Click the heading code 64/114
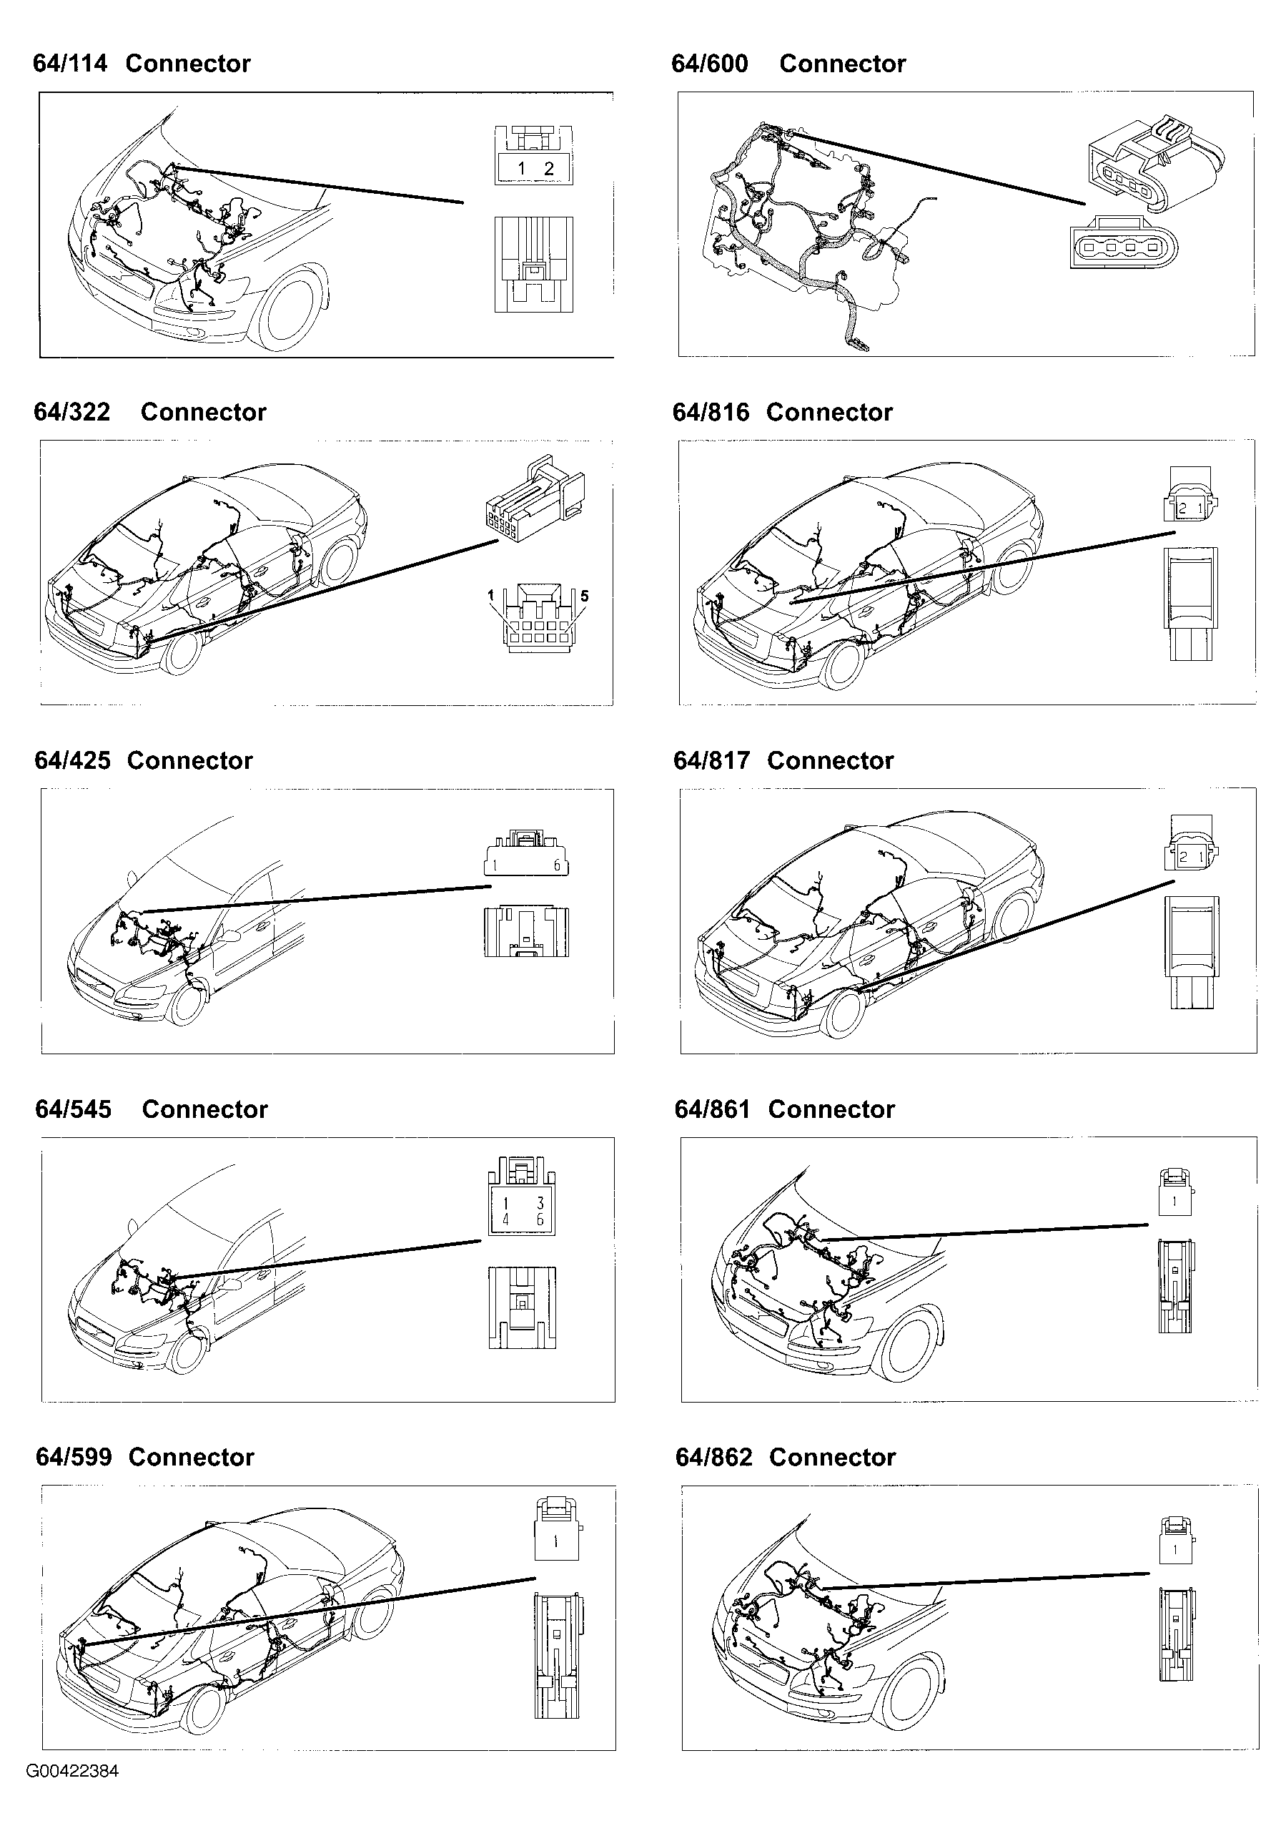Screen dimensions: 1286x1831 70,64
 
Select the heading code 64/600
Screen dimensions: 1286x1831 710,64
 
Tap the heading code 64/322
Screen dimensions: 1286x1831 71,412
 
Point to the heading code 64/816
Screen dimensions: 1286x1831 711,412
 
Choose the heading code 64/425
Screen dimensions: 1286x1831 72,761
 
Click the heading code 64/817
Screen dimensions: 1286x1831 711,761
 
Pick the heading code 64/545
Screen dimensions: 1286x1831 74,1109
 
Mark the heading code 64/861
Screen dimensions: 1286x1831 712,1109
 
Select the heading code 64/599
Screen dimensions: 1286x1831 74,1457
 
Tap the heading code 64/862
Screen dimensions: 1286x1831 713,1457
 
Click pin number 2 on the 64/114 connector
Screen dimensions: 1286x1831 548,169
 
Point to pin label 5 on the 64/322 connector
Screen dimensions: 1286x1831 585,596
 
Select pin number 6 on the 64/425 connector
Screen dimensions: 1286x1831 556,865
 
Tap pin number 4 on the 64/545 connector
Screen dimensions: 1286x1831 505,1219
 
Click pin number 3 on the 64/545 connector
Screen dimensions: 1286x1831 540,1202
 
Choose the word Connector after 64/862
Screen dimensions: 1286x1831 832,1457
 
